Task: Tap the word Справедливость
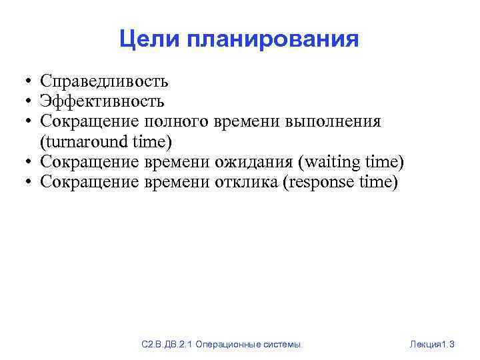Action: tap(104, 82)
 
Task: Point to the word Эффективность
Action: tap(102, 101)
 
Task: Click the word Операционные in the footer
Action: tap(231, 345)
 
